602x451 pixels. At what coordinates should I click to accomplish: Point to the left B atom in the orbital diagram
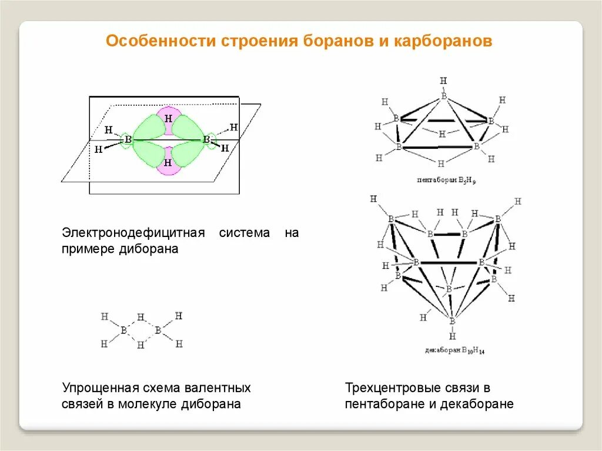(x=128, y=140)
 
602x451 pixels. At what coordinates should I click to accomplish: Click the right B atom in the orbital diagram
(x=206, y=139)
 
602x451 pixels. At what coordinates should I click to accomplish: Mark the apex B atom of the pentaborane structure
(x=444, y=95)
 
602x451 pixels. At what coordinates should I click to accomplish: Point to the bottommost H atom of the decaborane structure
(x=452, y=336)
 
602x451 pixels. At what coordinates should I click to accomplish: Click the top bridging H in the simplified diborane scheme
(x=141, y=318)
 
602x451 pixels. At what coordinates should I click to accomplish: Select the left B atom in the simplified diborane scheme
(x=123, y=330)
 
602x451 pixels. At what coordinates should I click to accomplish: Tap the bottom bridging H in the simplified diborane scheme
(x=141, y=345)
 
